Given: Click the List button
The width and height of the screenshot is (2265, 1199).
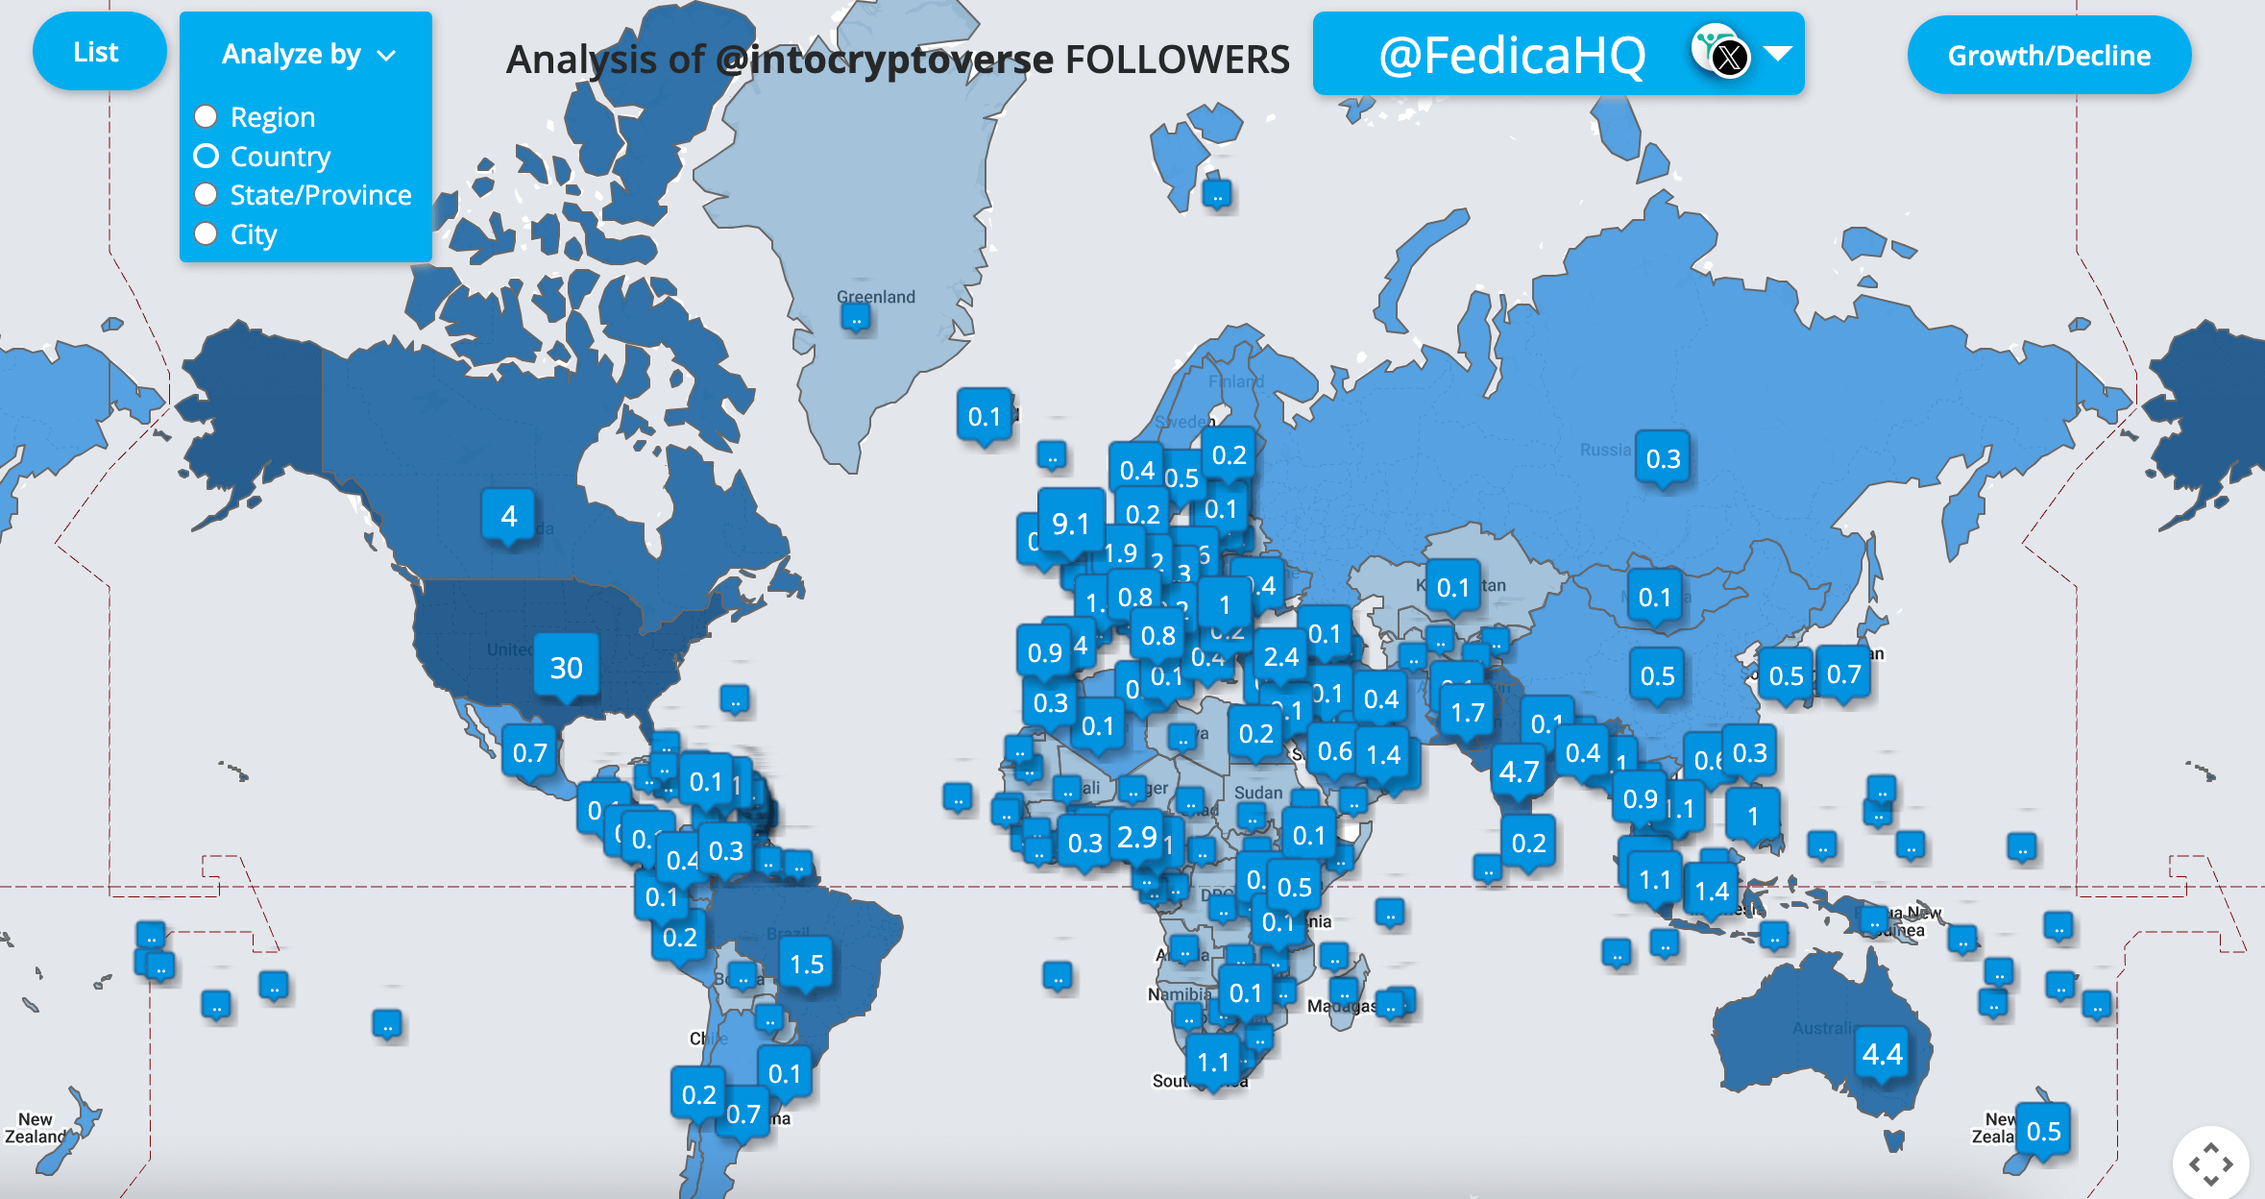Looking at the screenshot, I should coord(97,53).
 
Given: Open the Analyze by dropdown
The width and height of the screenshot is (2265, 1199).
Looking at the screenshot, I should coord(306,55).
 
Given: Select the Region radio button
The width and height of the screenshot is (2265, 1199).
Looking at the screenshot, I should coord(207,117).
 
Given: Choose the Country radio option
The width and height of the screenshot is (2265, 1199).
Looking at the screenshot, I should coord(207,156).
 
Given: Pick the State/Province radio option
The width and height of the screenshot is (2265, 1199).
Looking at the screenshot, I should coord(207,195).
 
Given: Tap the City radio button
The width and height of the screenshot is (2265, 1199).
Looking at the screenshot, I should coord(207,234).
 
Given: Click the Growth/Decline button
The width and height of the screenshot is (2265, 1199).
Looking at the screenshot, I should coord(2048,56).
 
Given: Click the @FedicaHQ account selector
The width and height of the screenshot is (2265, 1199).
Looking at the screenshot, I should coord(1557,55).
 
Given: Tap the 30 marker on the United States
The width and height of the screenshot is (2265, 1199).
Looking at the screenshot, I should coord(567,668).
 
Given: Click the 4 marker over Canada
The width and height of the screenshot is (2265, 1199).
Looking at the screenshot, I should coord(509,516).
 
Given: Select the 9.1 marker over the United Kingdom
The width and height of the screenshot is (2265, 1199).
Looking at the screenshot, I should coord(1070,524).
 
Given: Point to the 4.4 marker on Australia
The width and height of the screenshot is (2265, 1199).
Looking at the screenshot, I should coord(1882,1055).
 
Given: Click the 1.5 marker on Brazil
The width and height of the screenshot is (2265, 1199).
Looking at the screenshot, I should coord(807,965).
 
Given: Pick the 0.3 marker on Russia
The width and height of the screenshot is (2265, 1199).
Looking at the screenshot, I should coord(1663,459).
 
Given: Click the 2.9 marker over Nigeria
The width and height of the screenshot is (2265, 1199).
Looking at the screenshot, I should coord(1137,837).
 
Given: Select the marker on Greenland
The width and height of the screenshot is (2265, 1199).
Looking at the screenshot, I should coord(855,317).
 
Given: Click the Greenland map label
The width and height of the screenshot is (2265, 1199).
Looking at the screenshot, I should coord(876,297).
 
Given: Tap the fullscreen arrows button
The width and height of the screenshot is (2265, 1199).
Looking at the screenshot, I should coord(2210,1163).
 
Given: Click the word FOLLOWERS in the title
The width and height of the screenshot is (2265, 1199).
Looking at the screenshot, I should coord(1177,60).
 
